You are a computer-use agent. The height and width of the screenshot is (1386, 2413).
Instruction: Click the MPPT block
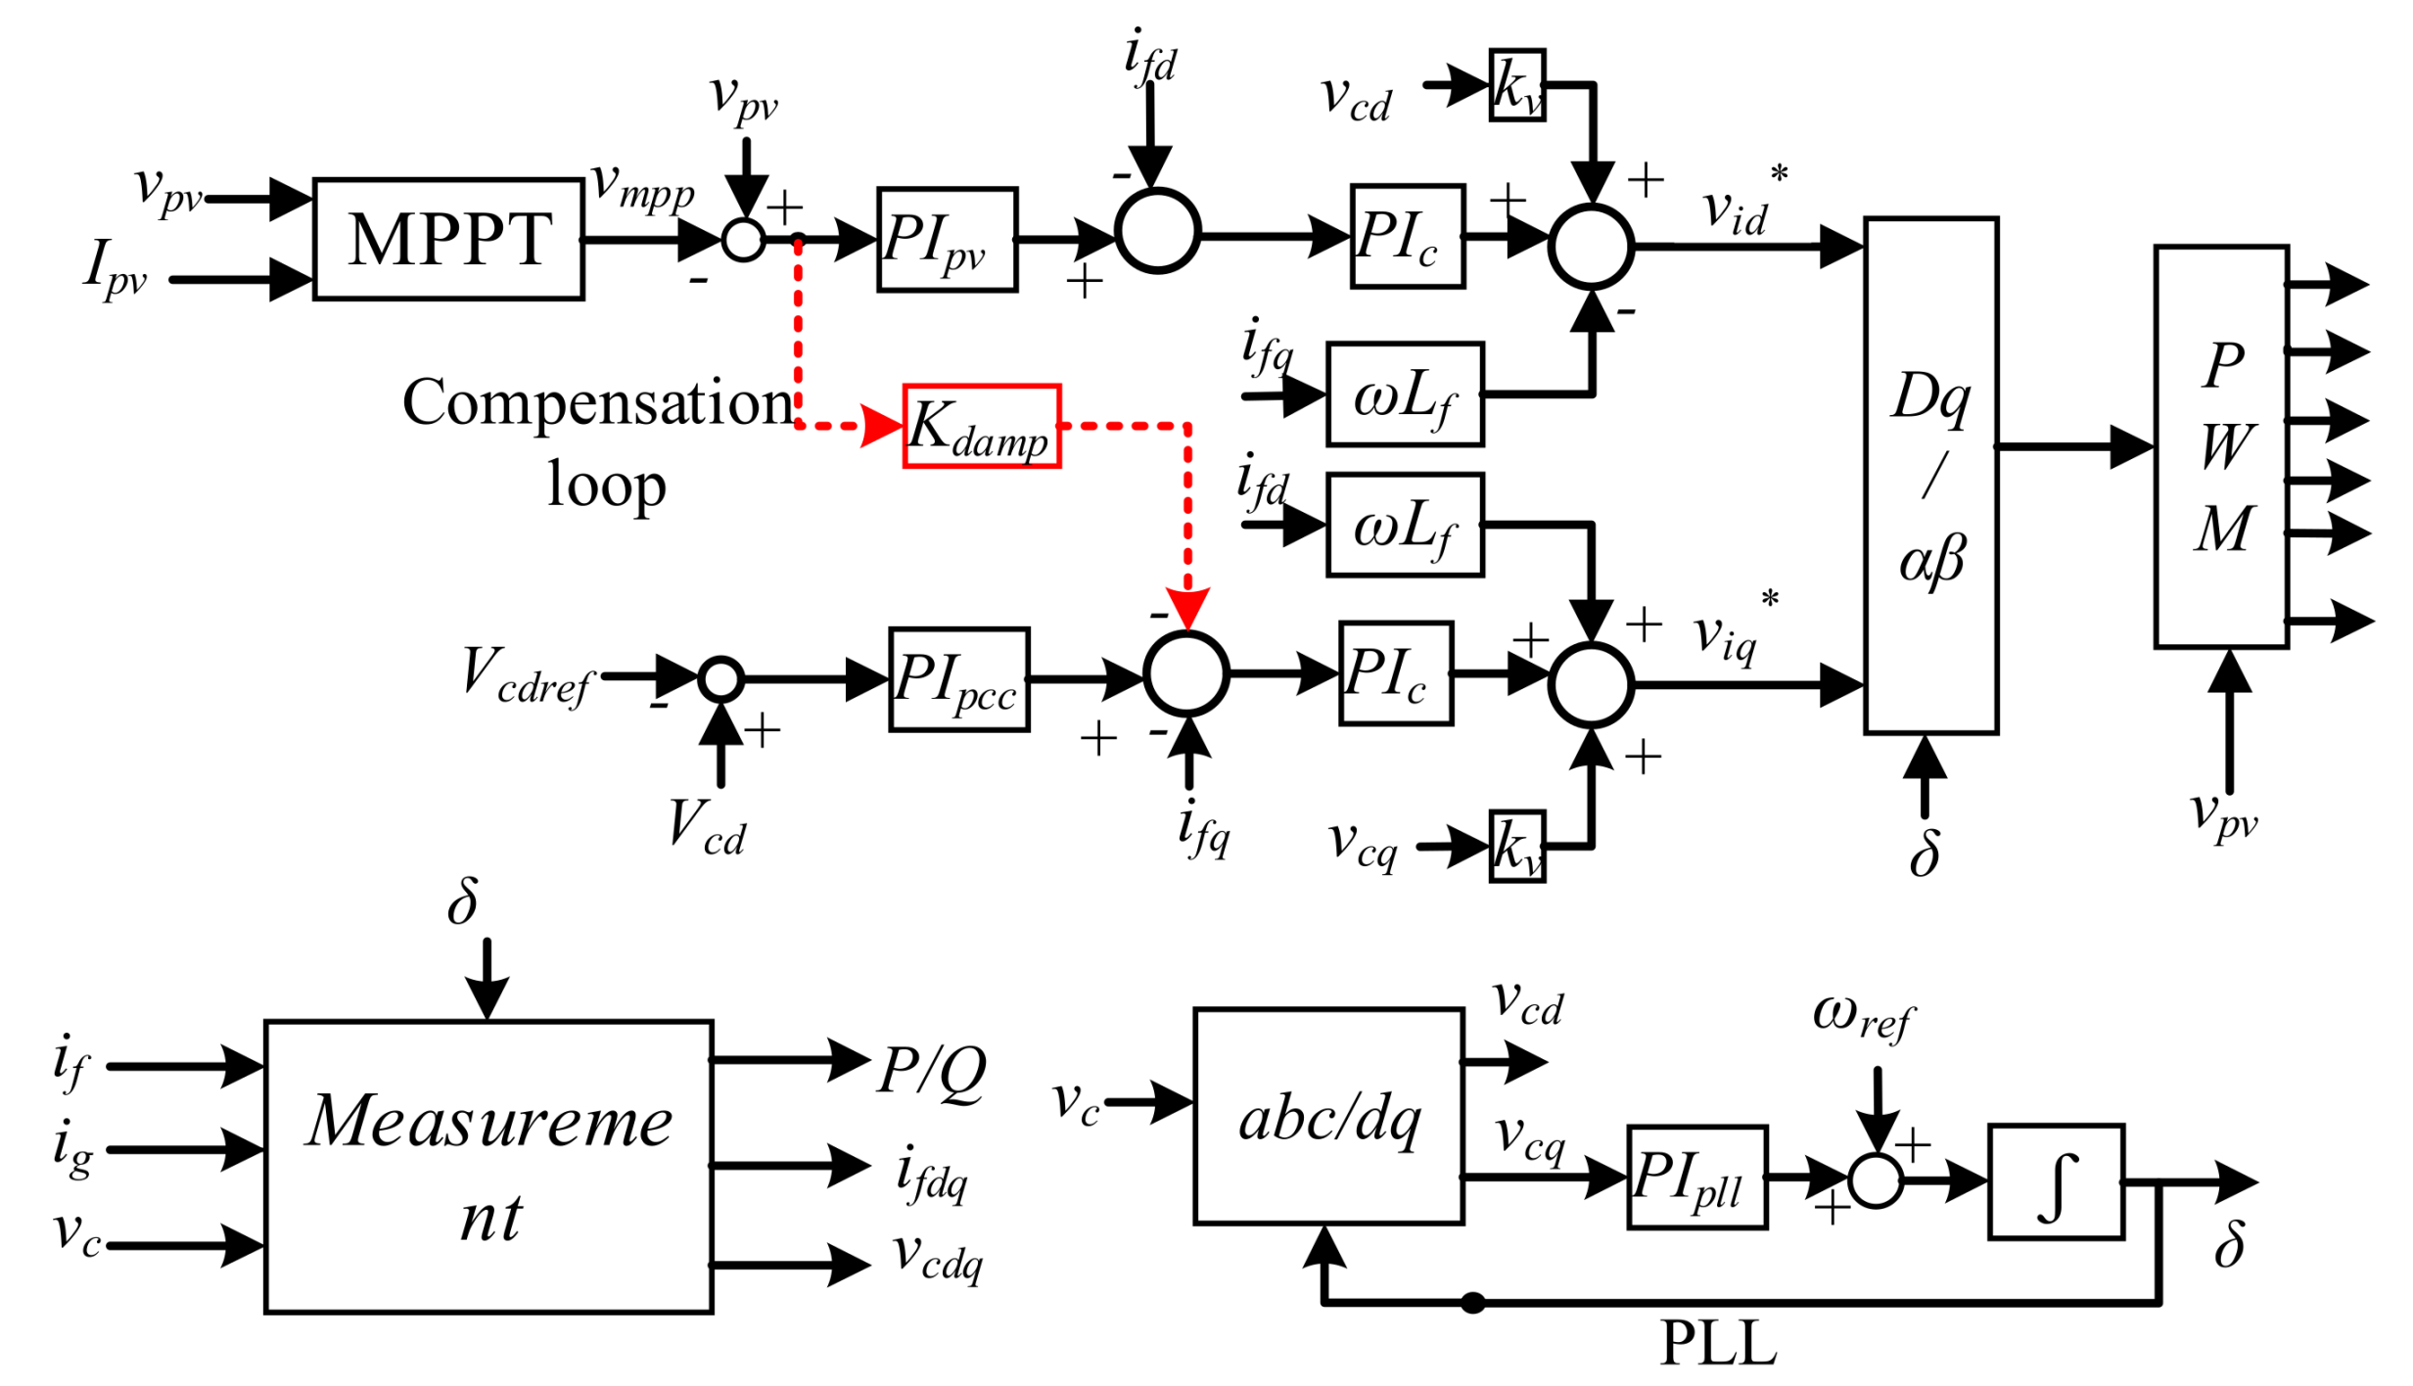pos(447,239)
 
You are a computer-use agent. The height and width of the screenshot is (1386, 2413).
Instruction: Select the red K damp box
pos(980,426)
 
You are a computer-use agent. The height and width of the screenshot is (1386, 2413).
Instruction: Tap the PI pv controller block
pos(946,239)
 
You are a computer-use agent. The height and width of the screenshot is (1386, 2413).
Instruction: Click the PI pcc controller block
pos(957,678)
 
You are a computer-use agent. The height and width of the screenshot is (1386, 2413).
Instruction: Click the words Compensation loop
pos(599,440)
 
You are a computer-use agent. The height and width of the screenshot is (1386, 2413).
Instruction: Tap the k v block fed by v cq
pos(1515,845)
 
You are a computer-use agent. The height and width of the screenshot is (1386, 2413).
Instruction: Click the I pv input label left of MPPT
pos(115,268)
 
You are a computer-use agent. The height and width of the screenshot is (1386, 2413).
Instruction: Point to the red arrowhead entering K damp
pos(881,426)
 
